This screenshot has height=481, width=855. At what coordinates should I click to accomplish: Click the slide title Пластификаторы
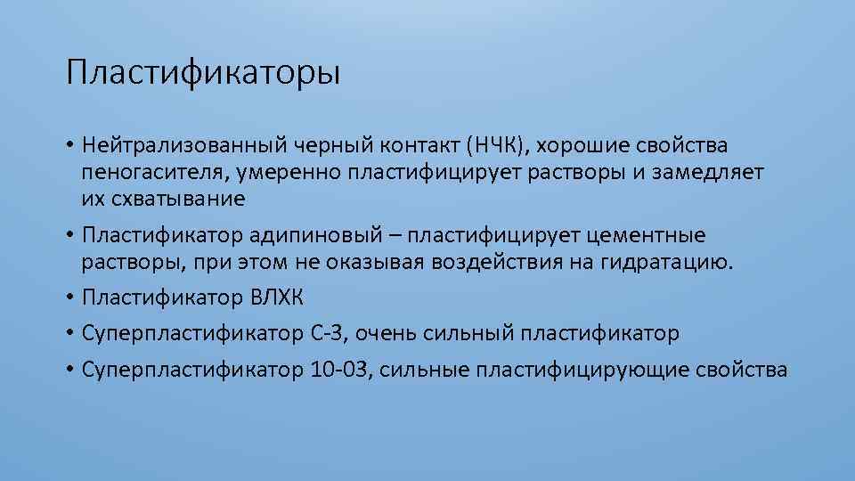click(202, 72)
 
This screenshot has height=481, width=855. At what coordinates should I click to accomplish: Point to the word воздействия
click(510, 263)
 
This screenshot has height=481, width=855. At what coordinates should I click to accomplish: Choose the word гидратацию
click(670, 263)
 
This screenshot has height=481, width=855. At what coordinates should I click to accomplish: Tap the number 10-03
click(339, 370)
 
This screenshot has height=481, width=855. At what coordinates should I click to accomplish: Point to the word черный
click(318, 144)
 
